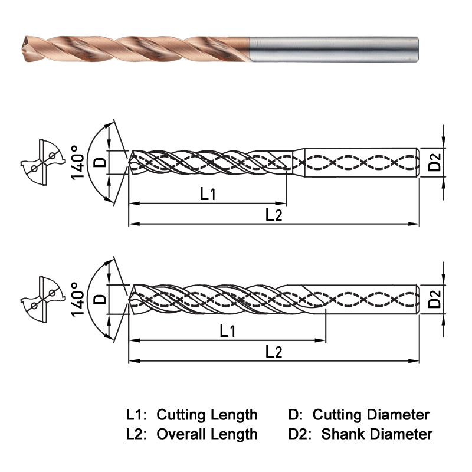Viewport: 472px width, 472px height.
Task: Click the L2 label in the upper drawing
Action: click(273, 214)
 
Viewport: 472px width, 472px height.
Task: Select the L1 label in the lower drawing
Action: click(228, 331)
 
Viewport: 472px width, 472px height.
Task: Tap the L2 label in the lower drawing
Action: click(273, 352)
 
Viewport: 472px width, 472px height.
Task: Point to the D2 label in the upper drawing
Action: click(435, 161)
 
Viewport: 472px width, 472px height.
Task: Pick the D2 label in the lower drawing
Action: click(435, 299)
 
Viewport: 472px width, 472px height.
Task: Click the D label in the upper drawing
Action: click(101, 161)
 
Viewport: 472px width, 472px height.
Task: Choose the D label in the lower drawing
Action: click(101, 299)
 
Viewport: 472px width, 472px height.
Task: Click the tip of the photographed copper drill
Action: click(24, 43)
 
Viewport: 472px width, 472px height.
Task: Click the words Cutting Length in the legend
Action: click(206, 415)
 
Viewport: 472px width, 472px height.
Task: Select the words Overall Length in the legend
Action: click(206, 435)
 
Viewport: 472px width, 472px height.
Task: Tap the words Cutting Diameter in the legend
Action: click(371, 415)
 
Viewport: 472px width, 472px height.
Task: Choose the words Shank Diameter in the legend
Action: click(376, 435)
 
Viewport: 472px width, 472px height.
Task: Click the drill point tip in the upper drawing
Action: click(130, 161)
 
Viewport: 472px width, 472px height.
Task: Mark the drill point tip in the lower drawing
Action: click(130, 299)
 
